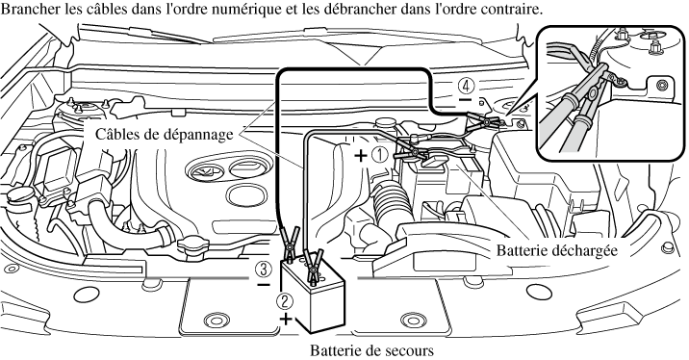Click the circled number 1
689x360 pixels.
click(380, 155)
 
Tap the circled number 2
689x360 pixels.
click(284, 301)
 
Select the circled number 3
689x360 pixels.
click(264, 269)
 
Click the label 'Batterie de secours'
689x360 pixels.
click(371, 350)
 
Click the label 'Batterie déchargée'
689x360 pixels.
click(557, 250)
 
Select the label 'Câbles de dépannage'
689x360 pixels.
click(165, 134)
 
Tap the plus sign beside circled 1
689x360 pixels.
click(361, 155)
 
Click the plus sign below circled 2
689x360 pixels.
click(286, 319)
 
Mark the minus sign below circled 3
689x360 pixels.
click(264, 285)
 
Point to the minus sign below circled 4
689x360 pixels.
click(465, 100)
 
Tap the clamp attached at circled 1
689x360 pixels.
click(412, 154)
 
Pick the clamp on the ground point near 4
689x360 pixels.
click(483, 120)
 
